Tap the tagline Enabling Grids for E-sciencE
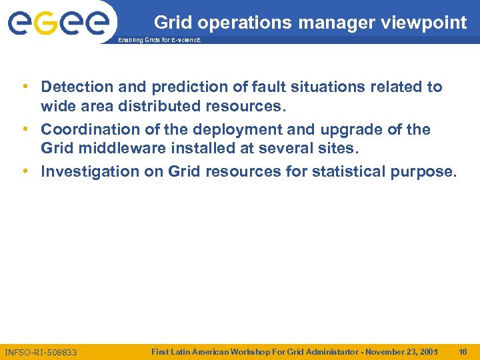click(x=158, y=41)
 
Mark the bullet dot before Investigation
click(x=25, y=171)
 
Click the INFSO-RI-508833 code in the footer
click(x=41, y=351)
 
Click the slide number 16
click(x=463, y=351)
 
